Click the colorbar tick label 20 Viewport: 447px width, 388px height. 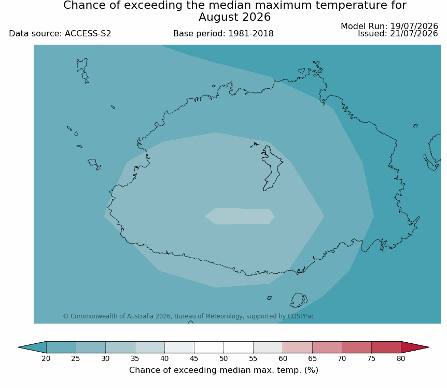[x=46, y=358]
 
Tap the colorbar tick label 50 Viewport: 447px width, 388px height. [x=223, y=358]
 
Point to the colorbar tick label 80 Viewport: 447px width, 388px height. [x=401, y=358]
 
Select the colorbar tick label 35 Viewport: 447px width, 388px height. [x=135, y=358]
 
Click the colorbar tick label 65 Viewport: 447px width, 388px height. [x=312, y=358]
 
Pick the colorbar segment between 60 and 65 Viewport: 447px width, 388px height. [x=298, y=347]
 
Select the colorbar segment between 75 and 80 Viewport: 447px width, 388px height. [x=386, y=347]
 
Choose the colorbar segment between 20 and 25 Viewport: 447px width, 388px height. [x=61, y=347]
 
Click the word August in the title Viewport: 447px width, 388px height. [x=218, y=17]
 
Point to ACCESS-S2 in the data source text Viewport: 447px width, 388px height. [x=88, y=34]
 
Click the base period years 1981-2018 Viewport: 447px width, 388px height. [x=251, y=34]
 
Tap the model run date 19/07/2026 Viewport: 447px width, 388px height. [x=414, y=26]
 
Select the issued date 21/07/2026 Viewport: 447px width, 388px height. [x=414, y=34]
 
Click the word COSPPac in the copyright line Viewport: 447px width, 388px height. [x=301, y=316]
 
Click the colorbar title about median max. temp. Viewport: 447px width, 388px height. [x=223, y=370]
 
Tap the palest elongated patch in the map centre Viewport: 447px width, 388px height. [x=240, y=216]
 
